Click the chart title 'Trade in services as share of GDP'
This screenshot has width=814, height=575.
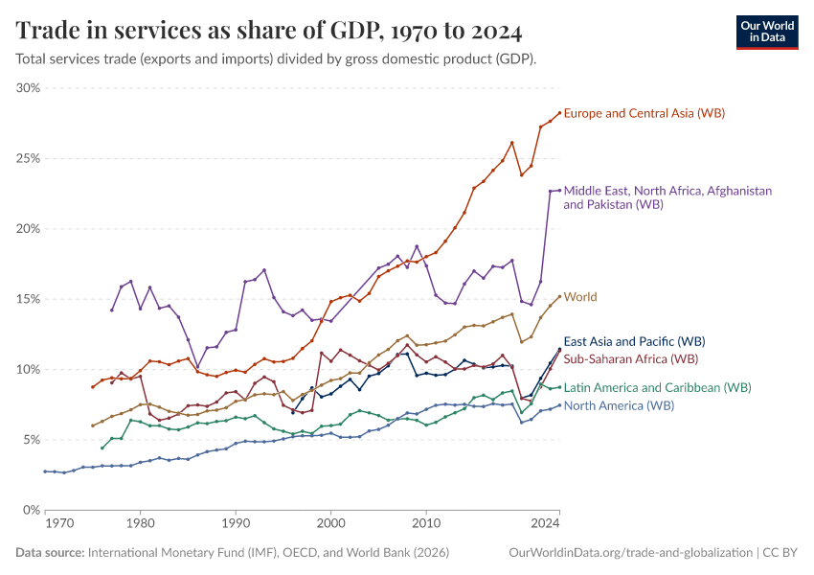point(269,31)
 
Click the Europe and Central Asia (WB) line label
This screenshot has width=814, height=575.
point(644,113)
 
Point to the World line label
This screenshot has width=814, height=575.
point(580,297)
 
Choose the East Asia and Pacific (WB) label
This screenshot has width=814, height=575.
point(634,340)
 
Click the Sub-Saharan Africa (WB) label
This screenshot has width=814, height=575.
point(631,358)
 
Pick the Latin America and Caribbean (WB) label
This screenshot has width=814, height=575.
point(657,387)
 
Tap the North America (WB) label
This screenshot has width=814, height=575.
point(619,405)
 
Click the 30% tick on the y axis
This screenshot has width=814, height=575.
point(28,88)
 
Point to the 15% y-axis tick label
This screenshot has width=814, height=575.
point(28,299)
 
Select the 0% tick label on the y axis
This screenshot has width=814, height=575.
point(32,510)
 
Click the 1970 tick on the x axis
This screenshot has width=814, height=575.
point(58,525)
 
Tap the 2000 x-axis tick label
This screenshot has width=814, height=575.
point(330,525)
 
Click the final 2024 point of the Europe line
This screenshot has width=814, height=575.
point(559,113)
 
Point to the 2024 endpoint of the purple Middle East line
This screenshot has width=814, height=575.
point(559,191)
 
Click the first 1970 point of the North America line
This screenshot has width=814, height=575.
point(45,471)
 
